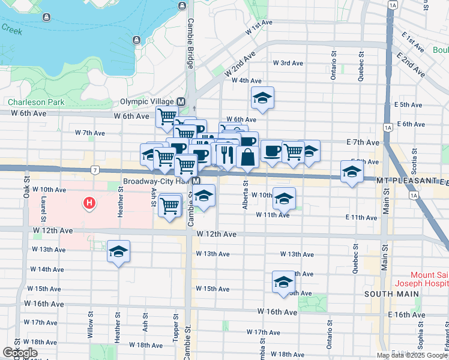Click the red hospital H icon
click(x=89, y=204)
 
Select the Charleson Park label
click(x=36, y=102)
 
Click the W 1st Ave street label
click(x=259, y=24)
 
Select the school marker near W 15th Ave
click(x=283, y=283)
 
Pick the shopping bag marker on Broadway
click(x=247, y=157)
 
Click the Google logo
click(x=20, y=353)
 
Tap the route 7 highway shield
click(x=95, y=170)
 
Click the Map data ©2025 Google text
click(x=412, y=355)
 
